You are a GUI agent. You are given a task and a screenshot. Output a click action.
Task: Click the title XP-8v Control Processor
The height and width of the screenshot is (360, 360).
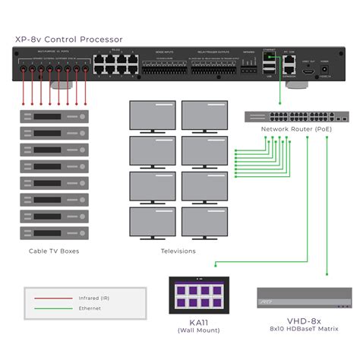[x=68, y=39]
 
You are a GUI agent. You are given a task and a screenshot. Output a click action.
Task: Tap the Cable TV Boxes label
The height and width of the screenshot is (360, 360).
[x=53, y=251]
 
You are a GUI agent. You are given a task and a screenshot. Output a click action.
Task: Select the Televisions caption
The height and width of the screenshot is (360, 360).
[x=178, y=251]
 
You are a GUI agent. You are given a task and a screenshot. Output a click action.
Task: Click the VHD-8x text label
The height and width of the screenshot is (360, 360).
[x=304, y=323]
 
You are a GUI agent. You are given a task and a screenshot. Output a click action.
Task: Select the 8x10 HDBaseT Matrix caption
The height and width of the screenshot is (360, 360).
[x=304, y=332]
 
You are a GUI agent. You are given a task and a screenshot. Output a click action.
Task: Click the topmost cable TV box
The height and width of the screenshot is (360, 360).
[x=53, y=116]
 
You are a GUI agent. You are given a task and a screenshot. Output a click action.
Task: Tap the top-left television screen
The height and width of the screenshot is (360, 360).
[x=153, y=115]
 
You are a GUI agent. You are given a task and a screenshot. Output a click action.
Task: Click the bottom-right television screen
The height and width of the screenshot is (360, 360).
[x=204, y=223]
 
